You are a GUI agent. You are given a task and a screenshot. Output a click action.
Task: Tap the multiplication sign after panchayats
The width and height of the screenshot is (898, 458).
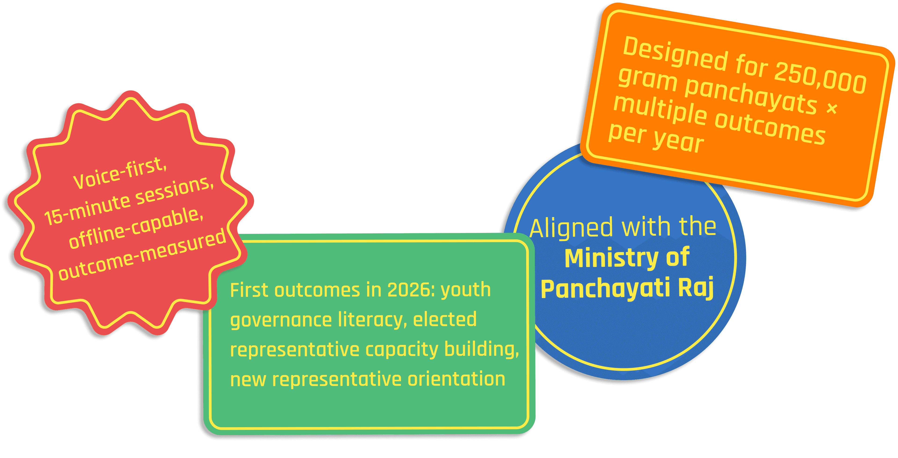point(832,108)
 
